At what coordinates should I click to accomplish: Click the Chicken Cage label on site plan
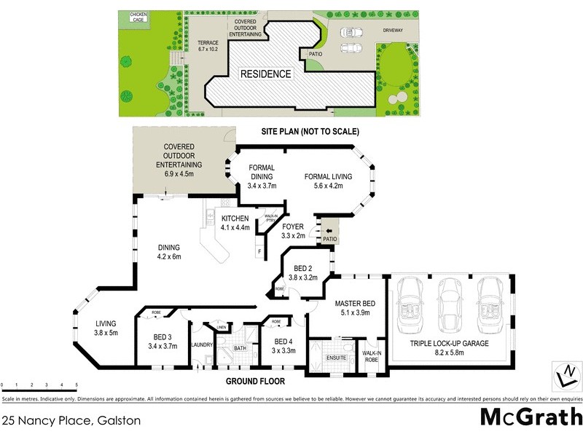tap(138, 17)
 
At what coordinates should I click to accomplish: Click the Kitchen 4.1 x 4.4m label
tap(230, 223)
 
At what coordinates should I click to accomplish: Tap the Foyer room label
tap(292, 231)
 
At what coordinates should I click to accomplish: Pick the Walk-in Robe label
tap(373, 356)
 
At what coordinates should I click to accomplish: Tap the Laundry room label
tap(200, 345)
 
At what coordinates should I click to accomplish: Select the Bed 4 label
tap(283, 345)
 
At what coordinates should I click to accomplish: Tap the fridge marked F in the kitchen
tap(259, 252)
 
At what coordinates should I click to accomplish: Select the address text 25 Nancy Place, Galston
tap(71, 420)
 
